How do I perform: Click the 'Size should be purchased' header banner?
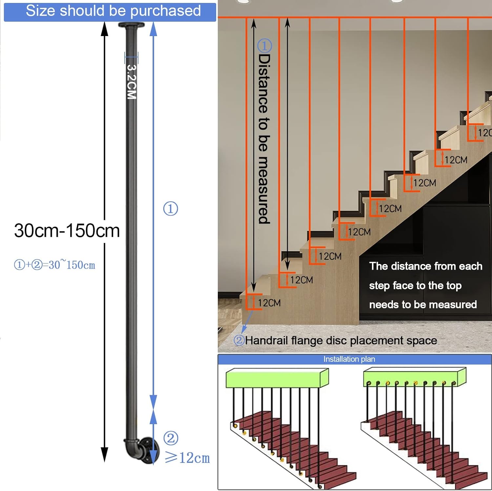110,11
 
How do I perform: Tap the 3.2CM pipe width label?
132,82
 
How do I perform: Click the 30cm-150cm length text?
67,231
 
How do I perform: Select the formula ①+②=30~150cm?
54,265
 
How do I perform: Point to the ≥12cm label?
187,458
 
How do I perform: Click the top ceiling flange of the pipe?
131,25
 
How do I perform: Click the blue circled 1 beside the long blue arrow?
171,209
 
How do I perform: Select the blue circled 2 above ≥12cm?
171,438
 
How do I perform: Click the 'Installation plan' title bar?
349,359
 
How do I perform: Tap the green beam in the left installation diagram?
277,378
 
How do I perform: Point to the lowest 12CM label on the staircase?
269,303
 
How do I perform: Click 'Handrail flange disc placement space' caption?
341,340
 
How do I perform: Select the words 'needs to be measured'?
423,305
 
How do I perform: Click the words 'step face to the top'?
415,286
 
